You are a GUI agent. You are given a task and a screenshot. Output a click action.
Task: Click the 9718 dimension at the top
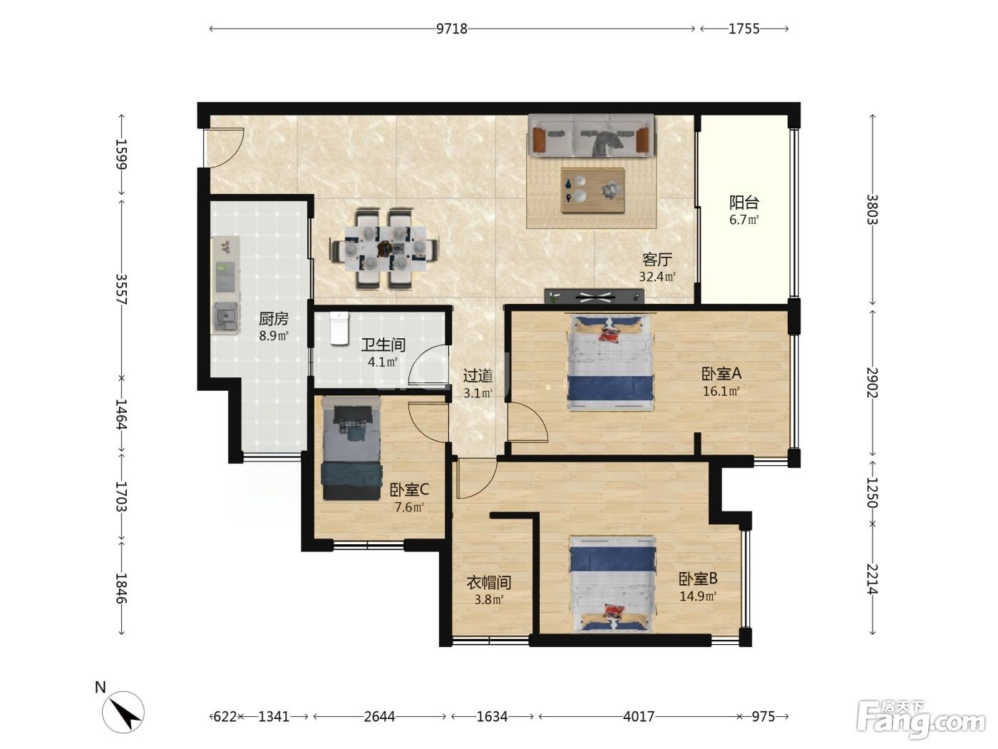(451, 29)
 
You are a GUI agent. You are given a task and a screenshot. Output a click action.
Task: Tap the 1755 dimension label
(744, 29)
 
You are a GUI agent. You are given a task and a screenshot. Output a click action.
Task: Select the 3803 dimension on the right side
(872, 209)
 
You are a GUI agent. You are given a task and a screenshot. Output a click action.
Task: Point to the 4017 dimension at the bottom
(638, 717)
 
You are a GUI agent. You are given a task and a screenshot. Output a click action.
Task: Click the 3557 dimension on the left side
(121, 289)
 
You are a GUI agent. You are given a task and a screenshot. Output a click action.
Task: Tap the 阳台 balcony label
(744, 203)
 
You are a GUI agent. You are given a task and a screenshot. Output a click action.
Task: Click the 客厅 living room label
(657, 259)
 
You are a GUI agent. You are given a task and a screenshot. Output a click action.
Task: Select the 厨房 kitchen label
(273, 319)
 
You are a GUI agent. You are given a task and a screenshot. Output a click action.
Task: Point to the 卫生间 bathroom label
(383, 345)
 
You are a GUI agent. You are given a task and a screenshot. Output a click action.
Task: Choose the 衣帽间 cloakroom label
(489, 582)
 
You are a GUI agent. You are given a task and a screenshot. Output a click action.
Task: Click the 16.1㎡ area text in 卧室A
(721, 391)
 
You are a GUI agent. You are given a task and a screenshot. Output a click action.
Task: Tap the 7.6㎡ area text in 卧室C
(409, 506)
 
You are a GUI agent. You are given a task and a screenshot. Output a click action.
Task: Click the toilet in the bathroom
(339, 328)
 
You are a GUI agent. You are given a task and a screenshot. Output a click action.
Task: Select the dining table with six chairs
(385, 249)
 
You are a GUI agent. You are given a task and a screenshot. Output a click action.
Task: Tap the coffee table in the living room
(592, 190)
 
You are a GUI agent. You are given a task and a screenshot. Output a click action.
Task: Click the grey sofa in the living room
(591, 136)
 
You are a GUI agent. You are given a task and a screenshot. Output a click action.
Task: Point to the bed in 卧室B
(612, 584)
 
